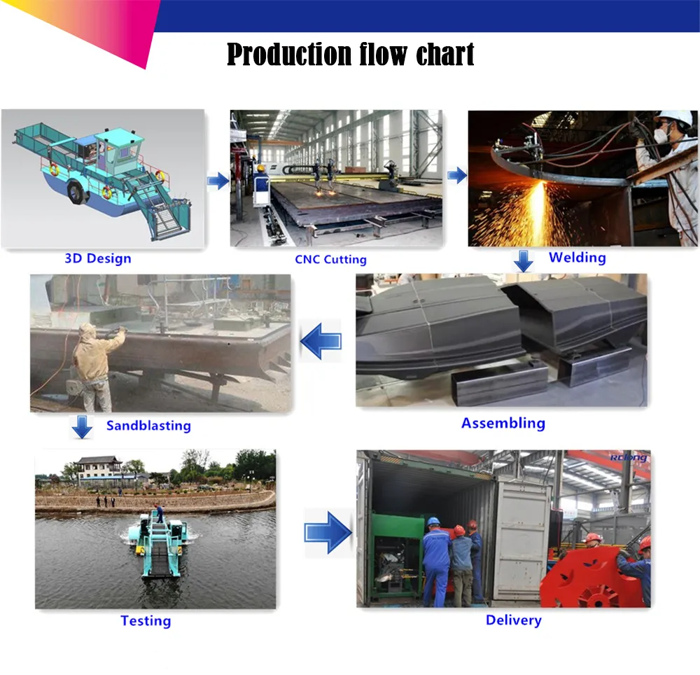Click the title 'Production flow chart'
[x=351, y=55]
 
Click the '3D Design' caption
[x=98, y=258]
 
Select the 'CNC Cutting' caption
[x=330, y=260]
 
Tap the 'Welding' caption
[x=577, y=257]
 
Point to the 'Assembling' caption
[x=503, y=423]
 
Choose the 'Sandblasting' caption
[x=148, y=425]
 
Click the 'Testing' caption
[x=146, y=620]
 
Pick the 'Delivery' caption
[x=514, y=620]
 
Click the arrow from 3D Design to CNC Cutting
[x=218, y=181]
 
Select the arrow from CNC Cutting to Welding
[x=457, y=175]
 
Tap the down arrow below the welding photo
[x=523, y=261]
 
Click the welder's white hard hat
[x=675, y=118]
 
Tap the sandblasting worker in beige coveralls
[x=96, y=364]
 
